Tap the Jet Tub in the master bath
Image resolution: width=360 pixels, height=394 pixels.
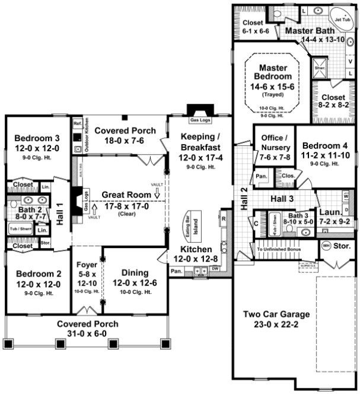342,19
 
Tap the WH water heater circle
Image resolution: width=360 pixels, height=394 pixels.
326,245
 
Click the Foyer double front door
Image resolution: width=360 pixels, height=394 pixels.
87,310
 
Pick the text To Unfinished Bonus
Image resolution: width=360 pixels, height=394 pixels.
278,249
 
